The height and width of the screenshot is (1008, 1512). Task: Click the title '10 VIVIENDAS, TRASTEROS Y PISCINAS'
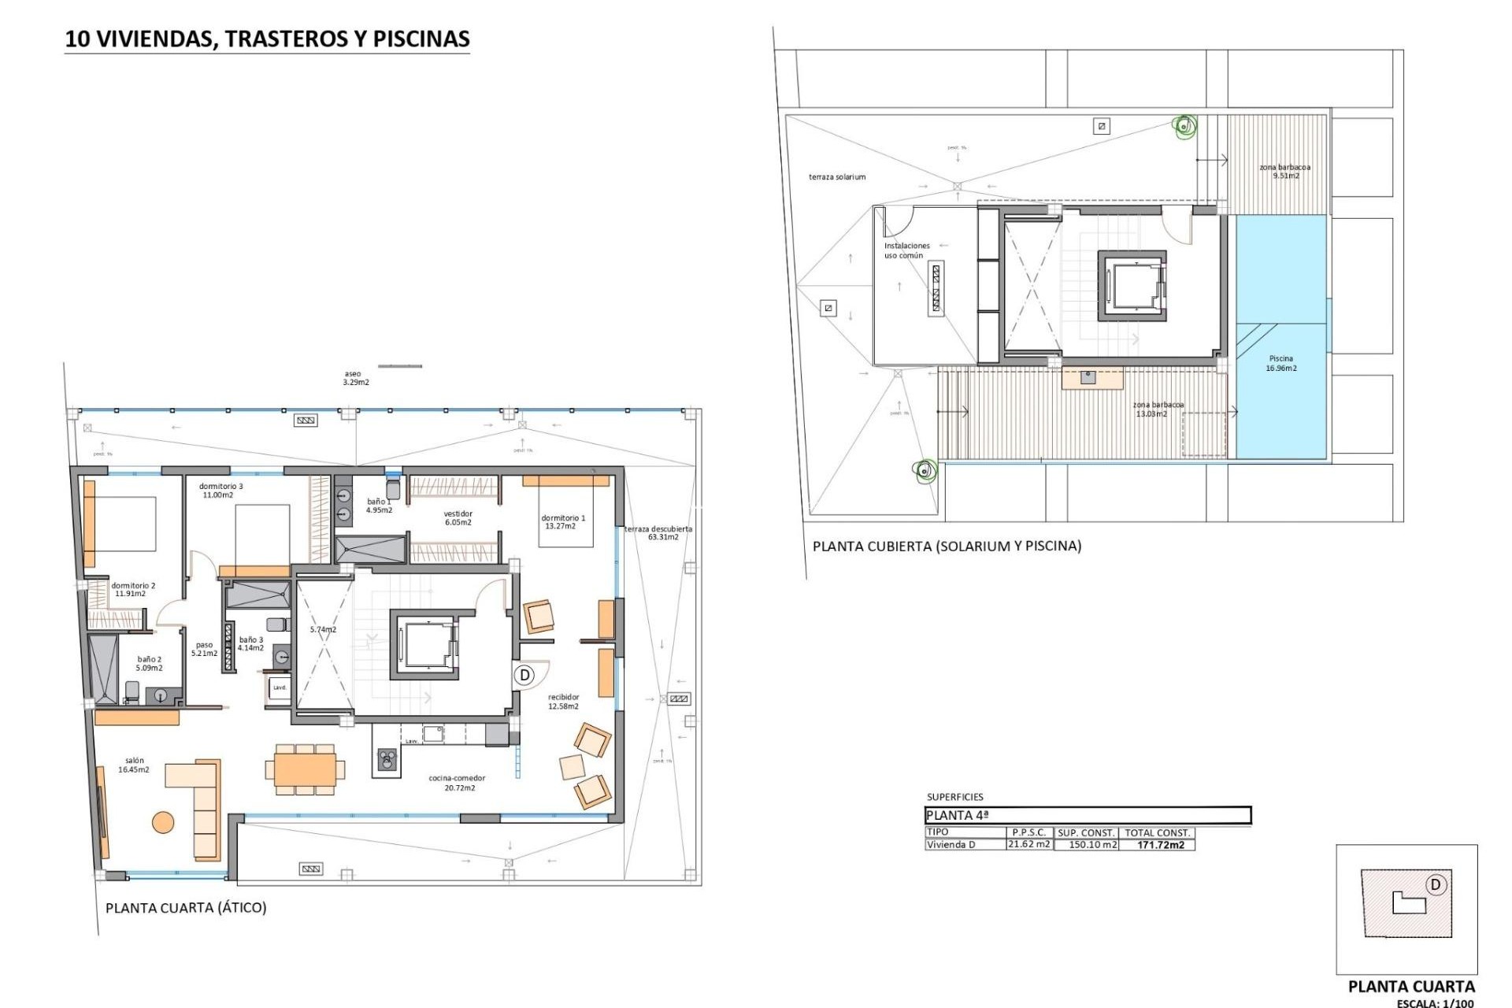[267, 39]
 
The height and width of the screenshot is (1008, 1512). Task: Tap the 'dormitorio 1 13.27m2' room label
[562, 522]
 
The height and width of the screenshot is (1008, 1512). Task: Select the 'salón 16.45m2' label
[134, 765]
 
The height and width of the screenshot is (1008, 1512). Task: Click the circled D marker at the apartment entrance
[524, 675]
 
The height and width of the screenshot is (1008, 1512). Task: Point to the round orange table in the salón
[163, 822]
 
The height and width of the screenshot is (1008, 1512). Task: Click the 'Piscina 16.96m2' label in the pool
[1281, 363]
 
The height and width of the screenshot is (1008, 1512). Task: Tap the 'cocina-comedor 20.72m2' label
[452, 783]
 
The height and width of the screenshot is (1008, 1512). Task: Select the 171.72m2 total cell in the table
[1161, 845]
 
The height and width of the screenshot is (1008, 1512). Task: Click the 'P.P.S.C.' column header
[1028, 832]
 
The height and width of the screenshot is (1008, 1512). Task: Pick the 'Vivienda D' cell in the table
[951, 845]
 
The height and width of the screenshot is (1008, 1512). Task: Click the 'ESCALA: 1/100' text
[1435, 1002]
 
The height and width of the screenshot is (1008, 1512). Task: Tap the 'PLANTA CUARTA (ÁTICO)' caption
[186, 907]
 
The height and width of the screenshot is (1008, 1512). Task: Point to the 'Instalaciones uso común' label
[906, 250]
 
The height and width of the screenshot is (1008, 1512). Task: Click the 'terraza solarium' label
[837, 176]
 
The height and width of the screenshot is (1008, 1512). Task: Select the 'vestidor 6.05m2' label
[458, 517]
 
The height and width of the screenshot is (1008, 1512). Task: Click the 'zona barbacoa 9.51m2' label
[1284, 171]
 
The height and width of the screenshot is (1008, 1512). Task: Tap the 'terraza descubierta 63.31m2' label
[658, 532]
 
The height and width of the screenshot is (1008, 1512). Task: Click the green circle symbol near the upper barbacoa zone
[1184, 124]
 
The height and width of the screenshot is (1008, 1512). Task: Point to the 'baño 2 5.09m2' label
[150, 663]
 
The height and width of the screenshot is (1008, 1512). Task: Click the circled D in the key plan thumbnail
[1435, 885]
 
